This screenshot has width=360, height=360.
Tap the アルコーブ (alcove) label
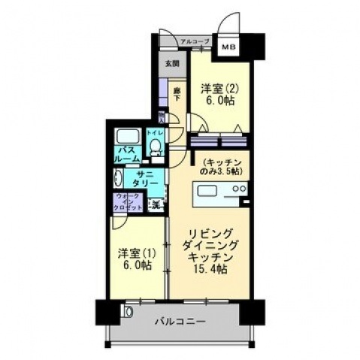[x=195, y=41]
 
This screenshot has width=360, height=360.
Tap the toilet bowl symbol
[x=156, y=147]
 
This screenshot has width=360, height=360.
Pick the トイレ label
[x=155, y=133]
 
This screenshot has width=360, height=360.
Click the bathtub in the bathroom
[x=127, y=138]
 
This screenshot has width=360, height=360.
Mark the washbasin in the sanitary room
[x=119, y=179]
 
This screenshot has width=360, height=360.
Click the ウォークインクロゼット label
[x=126, y=201]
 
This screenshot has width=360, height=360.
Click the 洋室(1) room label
[x=135, y=253]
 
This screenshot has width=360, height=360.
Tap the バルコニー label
[x=181, y=322]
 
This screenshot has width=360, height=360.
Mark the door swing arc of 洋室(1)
[x=119, y=223]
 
